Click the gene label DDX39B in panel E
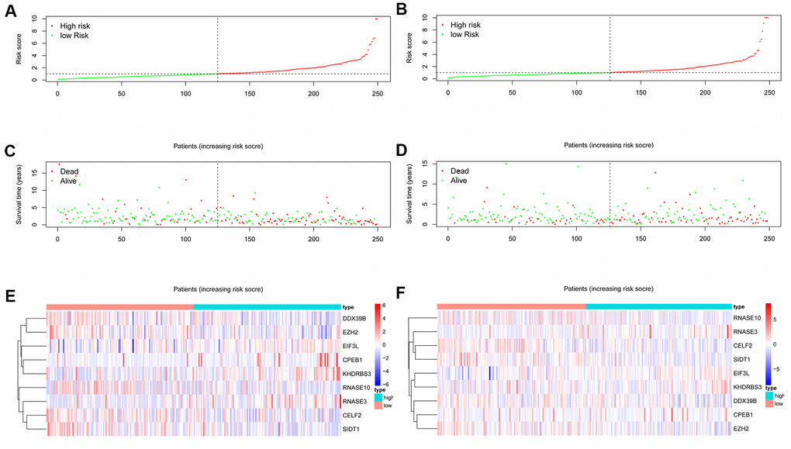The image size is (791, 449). pos(358,318)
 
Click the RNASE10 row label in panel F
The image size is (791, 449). pos(748,318)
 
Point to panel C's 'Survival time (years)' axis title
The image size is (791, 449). pos(18,194)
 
